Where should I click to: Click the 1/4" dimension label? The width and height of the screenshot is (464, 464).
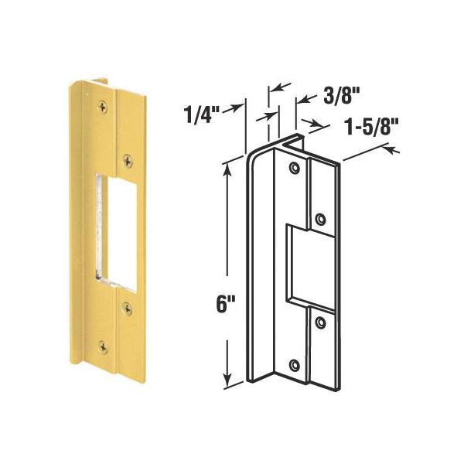pos(202,114)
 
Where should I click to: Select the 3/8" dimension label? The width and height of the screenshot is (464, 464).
pos(341,95)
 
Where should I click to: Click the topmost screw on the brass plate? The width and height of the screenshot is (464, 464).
pos(103,107)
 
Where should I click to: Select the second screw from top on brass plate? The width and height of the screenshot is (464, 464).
pos(128,161)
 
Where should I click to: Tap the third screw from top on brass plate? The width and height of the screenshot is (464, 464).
pos(128,309)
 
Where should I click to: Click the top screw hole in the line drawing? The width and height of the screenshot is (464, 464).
pos(294,168)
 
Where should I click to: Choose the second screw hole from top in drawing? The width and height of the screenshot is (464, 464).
pos(320,220)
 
